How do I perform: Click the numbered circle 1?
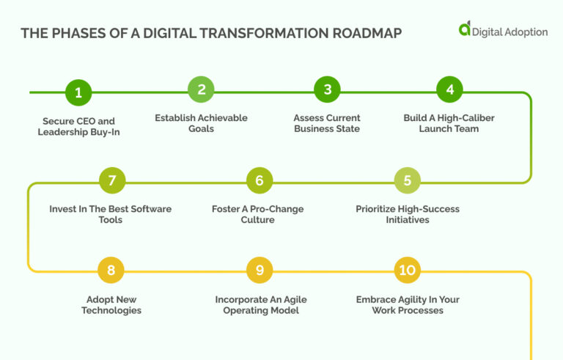click(78, 92)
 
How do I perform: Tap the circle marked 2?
click(201, 89)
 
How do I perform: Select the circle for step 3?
click(327, 89)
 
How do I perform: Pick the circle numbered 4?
click(449, 89)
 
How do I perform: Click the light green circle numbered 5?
click(408, 180)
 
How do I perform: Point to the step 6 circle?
click(259, 180)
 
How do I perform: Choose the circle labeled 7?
click(111, 180)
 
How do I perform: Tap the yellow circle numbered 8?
click(111, 271)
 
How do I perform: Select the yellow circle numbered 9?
click(259, 271)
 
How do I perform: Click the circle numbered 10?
click(407, 271)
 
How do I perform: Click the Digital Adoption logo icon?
click(464, 29)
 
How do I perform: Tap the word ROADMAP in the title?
click(361, 34)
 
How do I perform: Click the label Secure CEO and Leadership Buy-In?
click(77, 127)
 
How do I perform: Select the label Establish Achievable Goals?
click(201, 123)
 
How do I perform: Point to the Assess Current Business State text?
click(327, 123)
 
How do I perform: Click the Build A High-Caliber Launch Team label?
click(449, 123)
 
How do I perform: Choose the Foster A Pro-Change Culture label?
click(257, 214)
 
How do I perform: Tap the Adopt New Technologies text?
click(111, 305)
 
